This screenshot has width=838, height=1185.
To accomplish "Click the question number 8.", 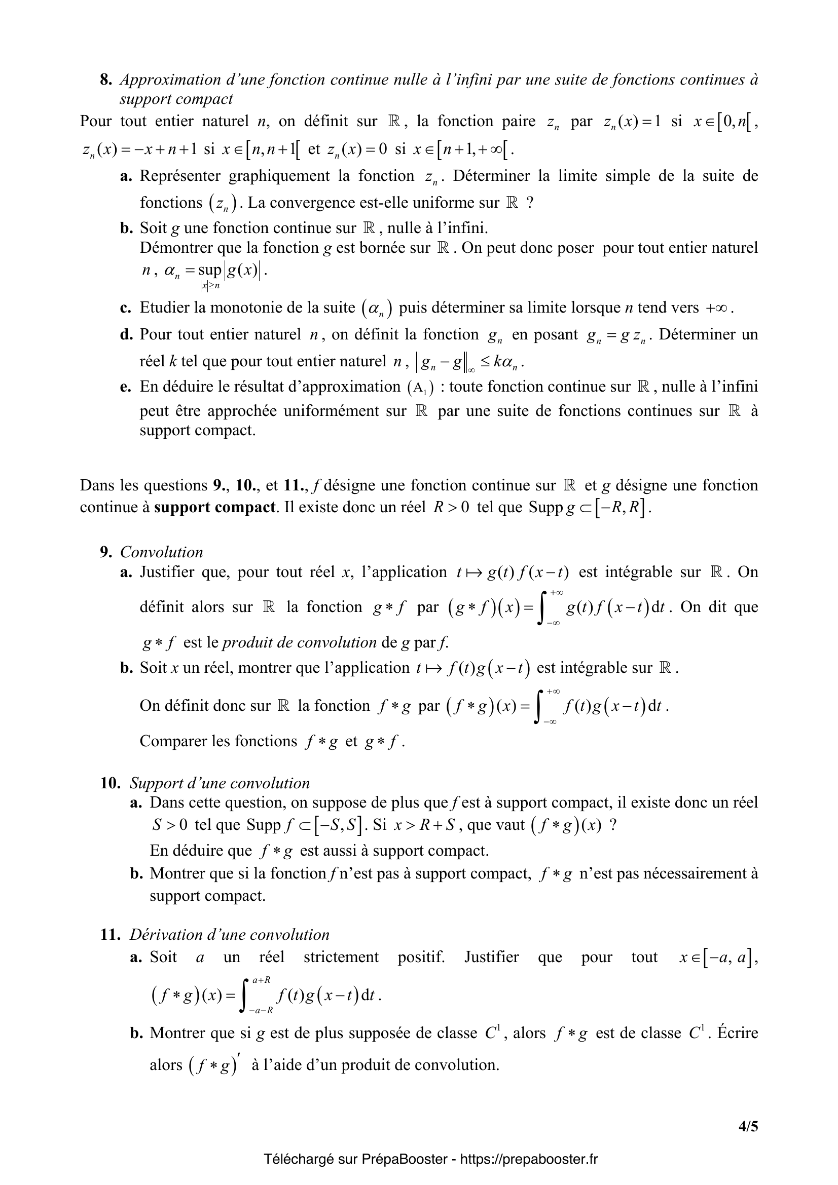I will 105,80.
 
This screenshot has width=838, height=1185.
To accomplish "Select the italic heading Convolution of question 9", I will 161,552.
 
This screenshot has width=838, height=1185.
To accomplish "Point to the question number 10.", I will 110,783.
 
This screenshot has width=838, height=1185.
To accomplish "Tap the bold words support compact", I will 214,507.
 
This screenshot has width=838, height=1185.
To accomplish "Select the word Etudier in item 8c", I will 165,308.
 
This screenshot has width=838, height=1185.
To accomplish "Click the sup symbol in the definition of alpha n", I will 209,270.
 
